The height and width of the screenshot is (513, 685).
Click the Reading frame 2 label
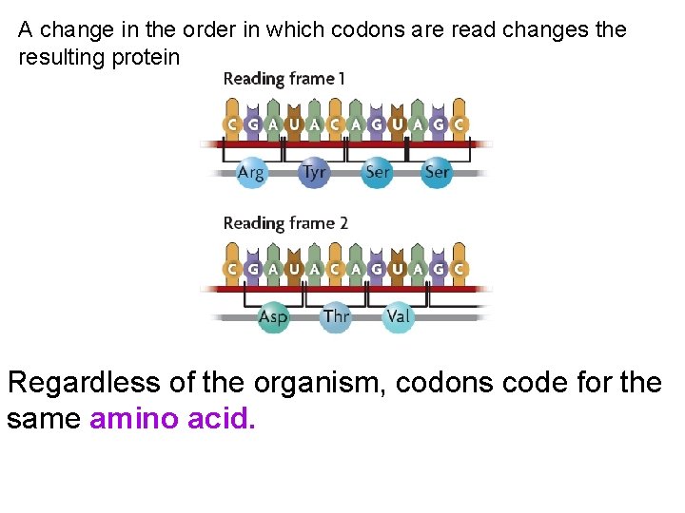pyautogui.click(x=285, y=223)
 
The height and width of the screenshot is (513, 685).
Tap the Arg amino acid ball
pyautogui.click(x=250, y=173)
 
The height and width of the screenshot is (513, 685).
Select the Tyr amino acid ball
pyautogui.click(x=313, y=173)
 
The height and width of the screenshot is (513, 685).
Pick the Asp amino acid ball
pyautogui.click(x=273, y=317)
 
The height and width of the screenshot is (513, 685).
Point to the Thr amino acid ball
pyautogui.click(x=336, y=316)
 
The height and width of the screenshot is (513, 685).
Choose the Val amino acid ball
pyautogui.click(x=399, y=316)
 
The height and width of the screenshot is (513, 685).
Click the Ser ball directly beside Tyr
pyautogui.click(x=377, y=173)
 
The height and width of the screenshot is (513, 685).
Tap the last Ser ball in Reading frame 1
pyautogui.click(x=437, y=173)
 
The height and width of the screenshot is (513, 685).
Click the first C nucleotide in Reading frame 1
pyautogui.click(x=230, y=124)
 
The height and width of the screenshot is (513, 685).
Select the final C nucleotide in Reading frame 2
pyautogui.click(x=460, y=269)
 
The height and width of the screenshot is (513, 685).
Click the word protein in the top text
pyautogui.click(x=147, y=57)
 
